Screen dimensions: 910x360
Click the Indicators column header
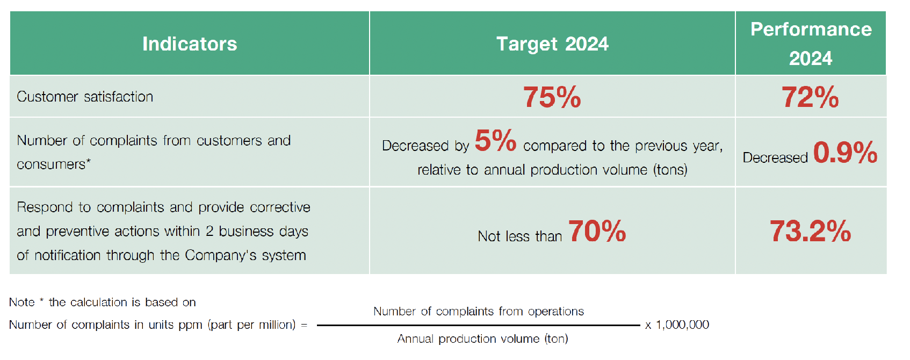click(189, 44)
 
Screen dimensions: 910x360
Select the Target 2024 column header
click(552, 44)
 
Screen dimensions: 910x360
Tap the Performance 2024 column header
click(811, 44)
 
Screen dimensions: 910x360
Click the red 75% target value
click(552, 97)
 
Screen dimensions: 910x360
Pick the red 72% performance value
click(810, 97)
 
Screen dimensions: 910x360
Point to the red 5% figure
click(495, 141)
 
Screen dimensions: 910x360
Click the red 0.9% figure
click(846, 153)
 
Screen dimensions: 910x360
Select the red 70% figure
click(597, 231)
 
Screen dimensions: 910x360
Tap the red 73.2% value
click(810, 231)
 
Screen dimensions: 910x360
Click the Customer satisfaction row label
click(85, 97)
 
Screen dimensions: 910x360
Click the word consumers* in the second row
click(54, 164)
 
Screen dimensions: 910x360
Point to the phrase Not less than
click(519, 236)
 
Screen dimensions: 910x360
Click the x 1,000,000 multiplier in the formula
click(677, 325)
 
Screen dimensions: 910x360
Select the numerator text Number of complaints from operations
click(479, 311)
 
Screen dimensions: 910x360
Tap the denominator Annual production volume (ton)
click(482, 339)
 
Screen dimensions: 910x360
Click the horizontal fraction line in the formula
click(479, 325)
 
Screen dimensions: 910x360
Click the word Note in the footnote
click(22, 303)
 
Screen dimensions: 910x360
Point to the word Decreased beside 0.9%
click(775, 157)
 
